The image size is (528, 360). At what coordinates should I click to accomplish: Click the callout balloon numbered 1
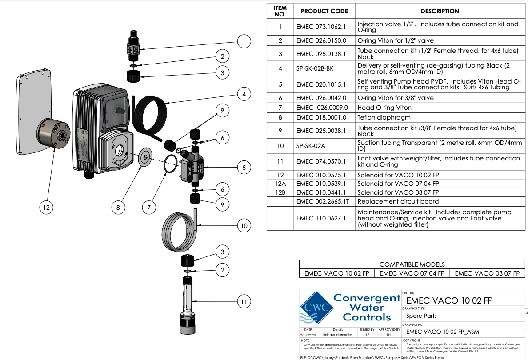pos(244,42)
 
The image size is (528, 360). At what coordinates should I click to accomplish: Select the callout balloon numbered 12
pos(46,207)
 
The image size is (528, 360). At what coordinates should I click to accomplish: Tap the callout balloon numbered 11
pos(244,302)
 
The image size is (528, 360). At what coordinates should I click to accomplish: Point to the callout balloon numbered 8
pos(119,207)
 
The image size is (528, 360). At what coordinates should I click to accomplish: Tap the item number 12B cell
pos(280,192)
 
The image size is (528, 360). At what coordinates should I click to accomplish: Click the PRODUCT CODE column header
pos(324,11)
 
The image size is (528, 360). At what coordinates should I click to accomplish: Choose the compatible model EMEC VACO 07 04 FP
pos(412,273)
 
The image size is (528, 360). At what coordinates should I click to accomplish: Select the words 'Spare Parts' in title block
pos(421,316)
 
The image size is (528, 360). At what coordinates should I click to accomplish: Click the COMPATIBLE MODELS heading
pos(412,264)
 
